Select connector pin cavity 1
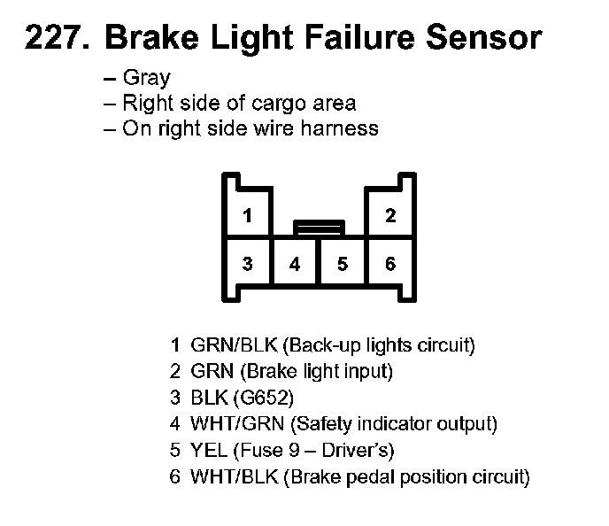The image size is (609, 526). (249, 215)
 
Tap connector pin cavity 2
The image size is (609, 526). (390, 215)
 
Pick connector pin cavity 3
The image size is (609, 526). (249, 263)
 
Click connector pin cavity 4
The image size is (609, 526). (295, 263)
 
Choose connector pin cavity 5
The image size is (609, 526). (343, 263)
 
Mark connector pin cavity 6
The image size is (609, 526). (390, 263)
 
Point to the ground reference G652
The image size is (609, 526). (255, 398)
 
